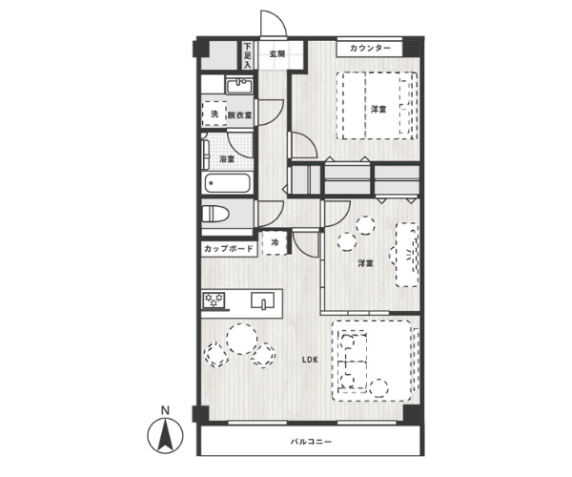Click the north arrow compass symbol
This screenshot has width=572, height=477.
pyautogui.click(x=165, y=434)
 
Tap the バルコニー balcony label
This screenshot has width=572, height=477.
pyautogui.click(x=311, y=442)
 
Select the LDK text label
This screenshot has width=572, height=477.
pyautogui.click(x=310, y=360)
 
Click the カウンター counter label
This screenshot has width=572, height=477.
pyautogui.click(x=370, y=48)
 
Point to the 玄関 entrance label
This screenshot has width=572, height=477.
pyautogui.click(x=277, y=54)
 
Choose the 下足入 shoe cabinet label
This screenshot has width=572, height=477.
pyautogui.click(x=248, y=56)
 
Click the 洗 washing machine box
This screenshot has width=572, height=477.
pyautogui.click(x=214, y=114)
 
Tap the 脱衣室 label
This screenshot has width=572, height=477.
pyautogui.click(x=239, y=115)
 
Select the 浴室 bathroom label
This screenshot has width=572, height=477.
pyautogui.click(x=227, y=159)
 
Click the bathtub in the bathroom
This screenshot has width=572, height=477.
pyautogui.click(x=227, y=183)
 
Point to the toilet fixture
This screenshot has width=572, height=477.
pyautogui.click(x=215, y=214)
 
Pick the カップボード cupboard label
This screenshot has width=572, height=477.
pyautogui.click(x=229, y=249)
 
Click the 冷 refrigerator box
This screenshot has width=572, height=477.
pyautogui.click(x=276, y=242)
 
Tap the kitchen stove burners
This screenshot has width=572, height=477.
pyautogui.click(x=214, y=301)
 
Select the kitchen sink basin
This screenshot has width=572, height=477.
pyautogui.click(x=263, y=301)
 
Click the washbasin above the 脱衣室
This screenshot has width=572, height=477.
pyautogui.click(x=239, y=87)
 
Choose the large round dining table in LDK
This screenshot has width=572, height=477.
pyautogui.click(x=241, y=339)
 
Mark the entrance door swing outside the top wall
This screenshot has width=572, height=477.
pyautogui.click(x=274, y=23)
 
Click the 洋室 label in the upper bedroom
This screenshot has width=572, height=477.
pyautogui.click(x=378, y=109)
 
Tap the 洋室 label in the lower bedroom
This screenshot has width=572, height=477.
pyautogui.click(x=365, y=263)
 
